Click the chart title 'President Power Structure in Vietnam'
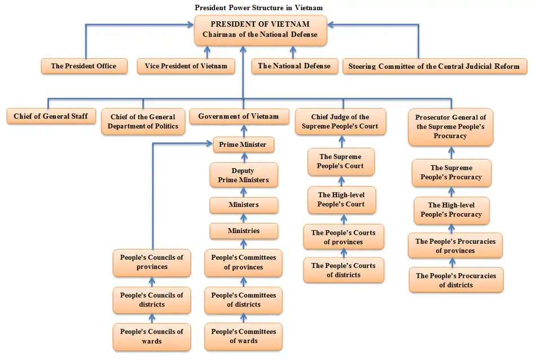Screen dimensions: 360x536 click(259, 7)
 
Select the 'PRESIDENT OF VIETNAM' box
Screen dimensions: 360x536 click(260, 30)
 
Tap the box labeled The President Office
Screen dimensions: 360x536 click(84, 66)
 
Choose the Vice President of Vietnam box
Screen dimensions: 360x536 click(186, 66)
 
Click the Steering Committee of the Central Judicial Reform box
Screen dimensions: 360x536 click(434, 66)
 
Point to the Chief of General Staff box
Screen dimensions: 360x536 click(50, 117)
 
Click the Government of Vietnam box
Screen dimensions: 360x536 click(238, 117)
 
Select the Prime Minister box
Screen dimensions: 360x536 click(243, 144)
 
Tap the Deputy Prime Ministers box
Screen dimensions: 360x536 click(243, 175)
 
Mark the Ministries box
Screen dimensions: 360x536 click(244, 231)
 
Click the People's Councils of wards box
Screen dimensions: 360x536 click(151, 336)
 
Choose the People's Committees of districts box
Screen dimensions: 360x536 click(244, 300)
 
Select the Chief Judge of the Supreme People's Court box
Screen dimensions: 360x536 click(340, 122)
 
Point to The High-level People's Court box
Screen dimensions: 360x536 click(341, 200)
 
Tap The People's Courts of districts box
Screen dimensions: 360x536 click(343, 270)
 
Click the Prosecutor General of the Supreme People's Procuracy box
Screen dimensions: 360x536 click(450, 126)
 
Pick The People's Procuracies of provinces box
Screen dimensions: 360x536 click(455, 246)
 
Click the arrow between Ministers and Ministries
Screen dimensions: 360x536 click(244, 218)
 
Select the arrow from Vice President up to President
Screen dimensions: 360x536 click(207, 52)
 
